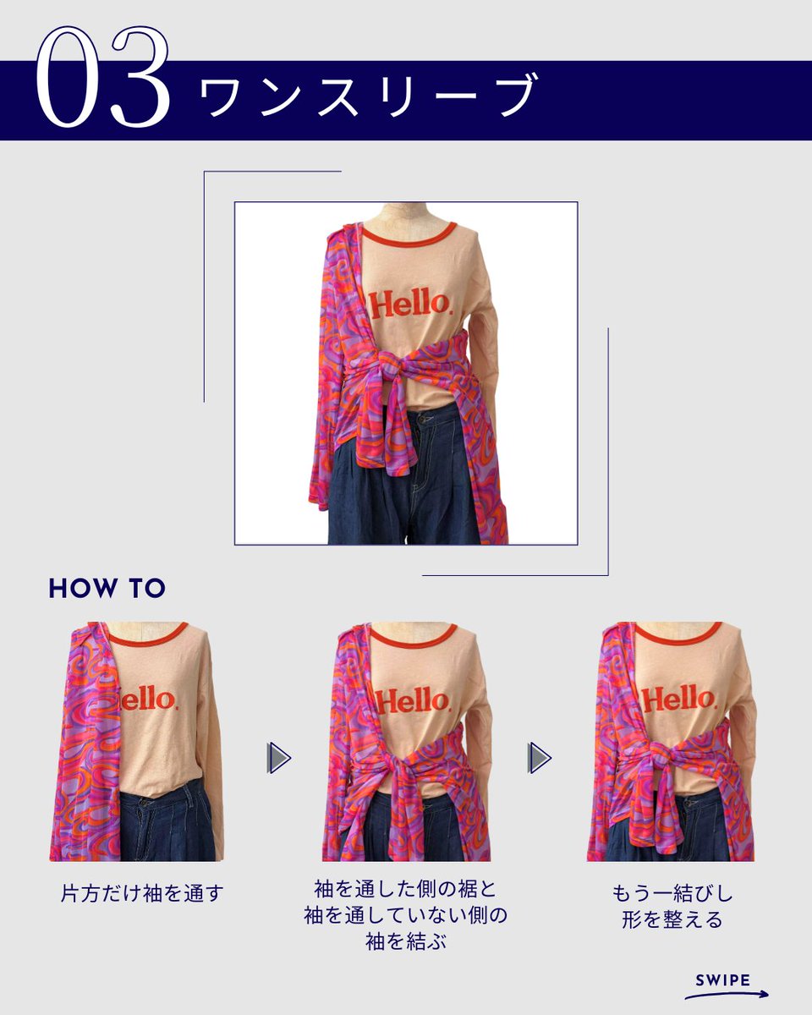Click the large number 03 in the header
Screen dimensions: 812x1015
pos(103,77)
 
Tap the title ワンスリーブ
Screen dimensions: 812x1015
pos(369,96)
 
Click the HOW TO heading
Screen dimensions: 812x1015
pos(107,588)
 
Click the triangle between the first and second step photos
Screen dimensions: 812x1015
pos(279,758)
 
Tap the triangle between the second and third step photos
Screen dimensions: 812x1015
pos(540,758)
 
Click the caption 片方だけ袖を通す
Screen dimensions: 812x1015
pos(142,893)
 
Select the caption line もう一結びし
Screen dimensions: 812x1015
pos(672,893)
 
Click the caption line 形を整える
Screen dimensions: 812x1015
pos(672,919)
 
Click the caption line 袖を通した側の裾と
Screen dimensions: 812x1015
pos(406,889)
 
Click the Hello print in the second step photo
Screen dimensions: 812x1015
pos(413,700)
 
